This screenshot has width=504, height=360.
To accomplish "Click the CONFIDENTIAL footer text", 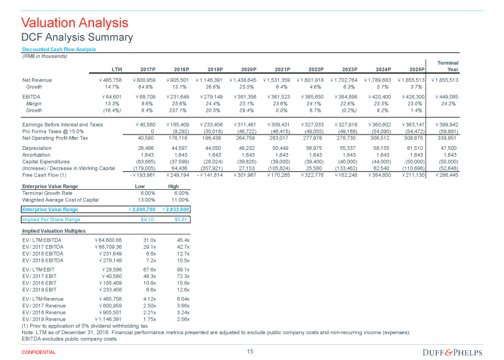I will point(39,352).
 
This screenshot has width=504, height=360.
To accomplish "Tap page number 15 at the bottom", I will point(250,351).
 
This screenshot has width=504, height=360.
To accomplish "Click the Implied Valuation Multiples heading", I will point(53,230).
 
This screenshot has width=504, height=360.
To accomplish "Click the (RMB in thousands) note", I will point(44,56).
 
